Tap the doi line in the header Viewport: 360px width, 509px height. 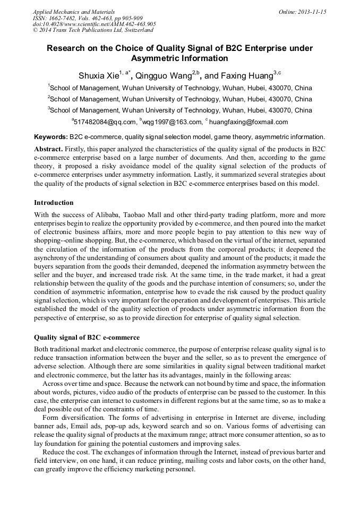(x=94, y=24)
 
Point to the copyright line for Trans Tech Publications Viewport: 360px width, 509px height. (x=93, y=31)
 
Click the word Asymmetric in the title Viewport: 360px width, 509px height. (x=154, y=58)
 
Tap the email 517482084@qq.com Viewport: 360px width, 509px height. (x=104, y=122)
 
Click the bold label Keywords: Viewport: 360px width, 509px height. (x=50, y=137)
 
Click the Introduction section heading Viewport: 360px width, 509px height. (x=54, y=203)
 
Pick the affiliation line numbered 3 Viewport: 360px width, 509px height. (x=180, y=110)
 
